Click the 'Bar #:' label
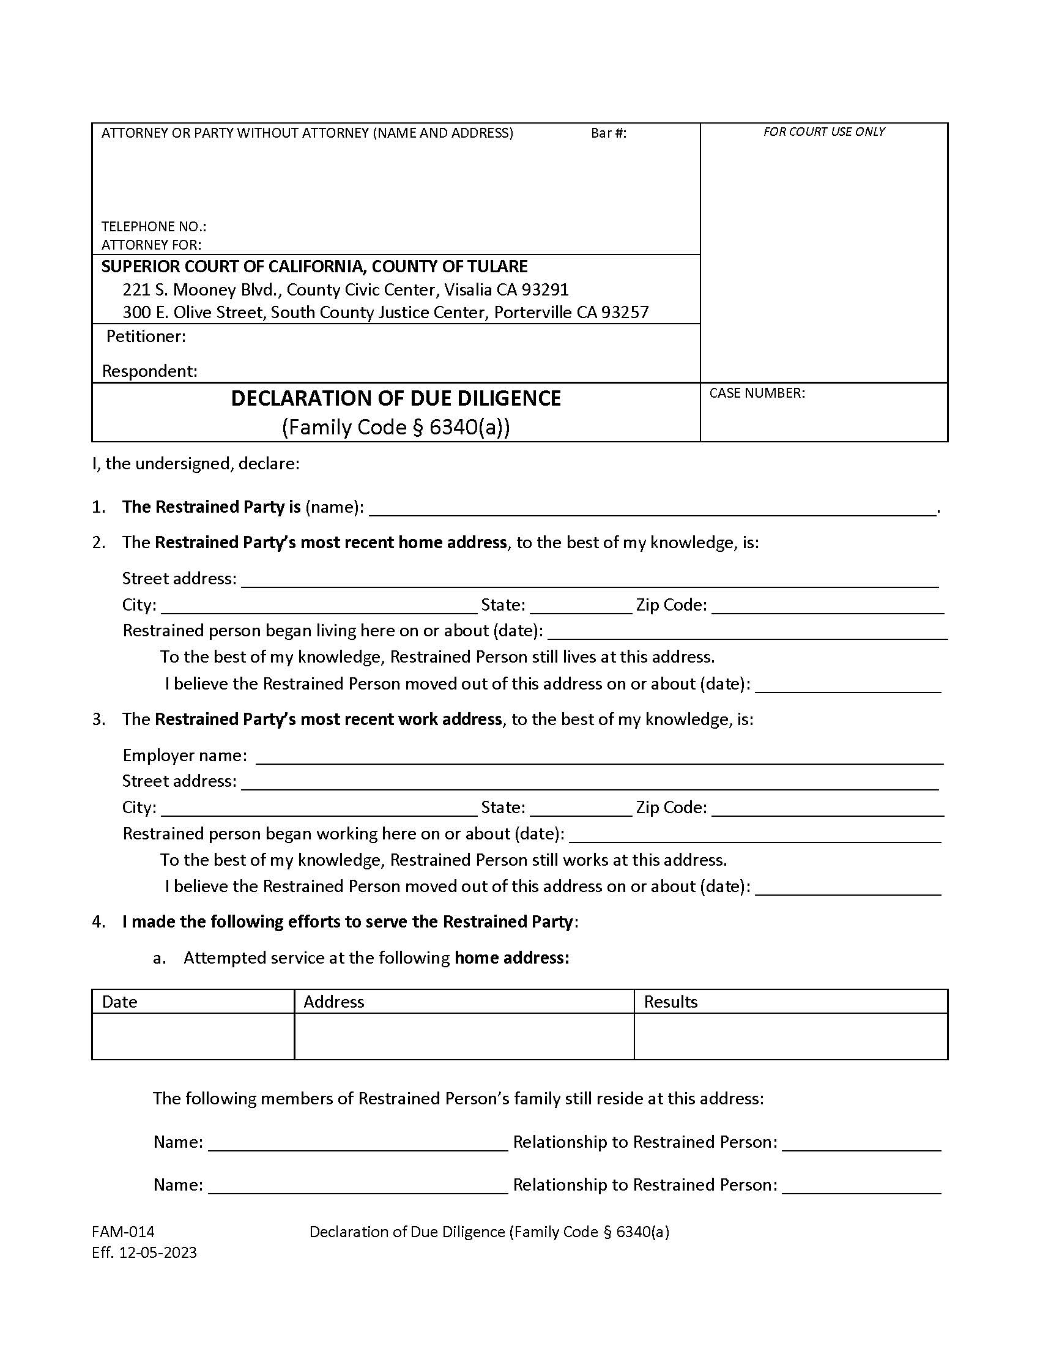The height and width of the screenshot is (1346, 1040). click(608, 133)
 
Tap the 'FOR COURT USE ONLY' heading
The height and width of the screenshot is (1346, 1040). click(824, 132)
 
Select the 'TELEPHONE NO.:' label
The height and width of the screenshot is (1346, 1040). click(154, 226)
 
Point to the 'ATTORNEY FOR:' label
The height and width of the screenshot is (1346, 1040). click(151, 245)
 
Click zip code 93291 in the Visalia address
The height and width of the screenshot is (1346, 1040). click(544, 289)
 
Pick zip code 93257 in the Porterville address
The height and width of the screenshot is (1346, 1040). click(625, 313)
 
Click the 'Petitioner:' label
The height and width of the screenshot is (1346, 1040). click(146, 336)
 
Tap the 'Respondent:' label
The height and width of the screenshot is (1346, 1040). click(150, 371)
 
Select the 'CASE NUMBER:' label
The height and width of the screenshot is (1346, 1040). click(757, 393)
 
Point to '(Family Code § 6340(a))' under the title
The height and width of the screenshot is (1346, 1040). click(396, 427)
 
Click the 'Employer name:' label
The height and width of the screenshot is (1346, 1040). click(185, 755)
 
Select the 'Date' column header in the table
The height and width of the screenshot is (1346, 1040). click(119, 1002)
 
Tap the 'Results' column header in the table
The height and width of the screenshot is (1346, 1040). click(670, 1002)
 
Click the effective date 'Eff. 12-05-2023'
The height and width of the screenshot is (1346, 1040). click(144, 1252)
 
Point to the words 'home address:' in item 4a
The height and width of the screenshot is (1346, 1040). click(511, 957)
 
